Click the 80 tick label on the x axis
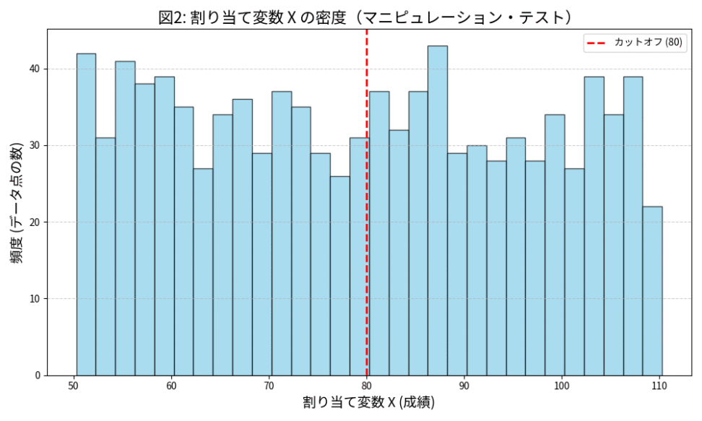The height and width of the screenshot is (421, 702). [367, 386]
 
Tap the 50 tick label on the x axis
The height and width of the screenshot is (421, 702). [74, 386]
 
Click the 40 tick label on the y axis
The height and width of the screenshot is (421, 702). [34, 69]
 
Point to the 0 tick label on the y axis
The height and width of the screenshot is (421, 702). [37, 376]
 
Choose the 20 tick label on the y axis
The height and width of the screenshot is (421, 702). [34, 222]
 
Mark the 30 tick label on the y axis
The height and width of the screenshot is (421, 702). [34, 146]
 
